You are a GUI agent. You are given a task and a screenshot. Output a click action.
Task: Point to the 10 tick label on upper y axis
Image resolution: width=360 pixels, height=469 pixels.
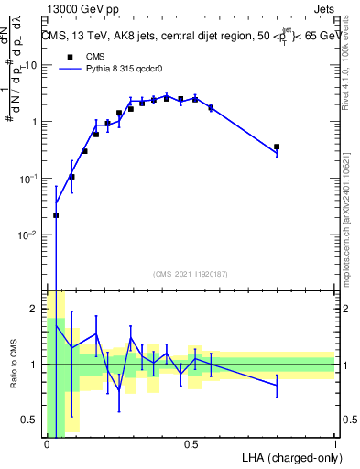pos(31,65)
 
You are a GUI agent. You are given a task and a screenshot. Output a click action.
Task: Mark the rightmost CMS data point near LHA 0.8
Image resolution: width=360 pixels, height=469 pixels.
pos(277,147)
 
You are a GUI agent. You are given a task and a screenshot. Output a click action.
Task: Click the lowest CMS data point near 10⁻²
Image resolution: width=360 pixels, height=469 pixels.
pos(56,215)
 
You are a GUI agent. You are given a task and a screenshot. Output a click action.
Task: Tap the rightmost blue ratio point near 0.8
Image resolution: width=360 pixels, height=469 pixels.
pos(277,385)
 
